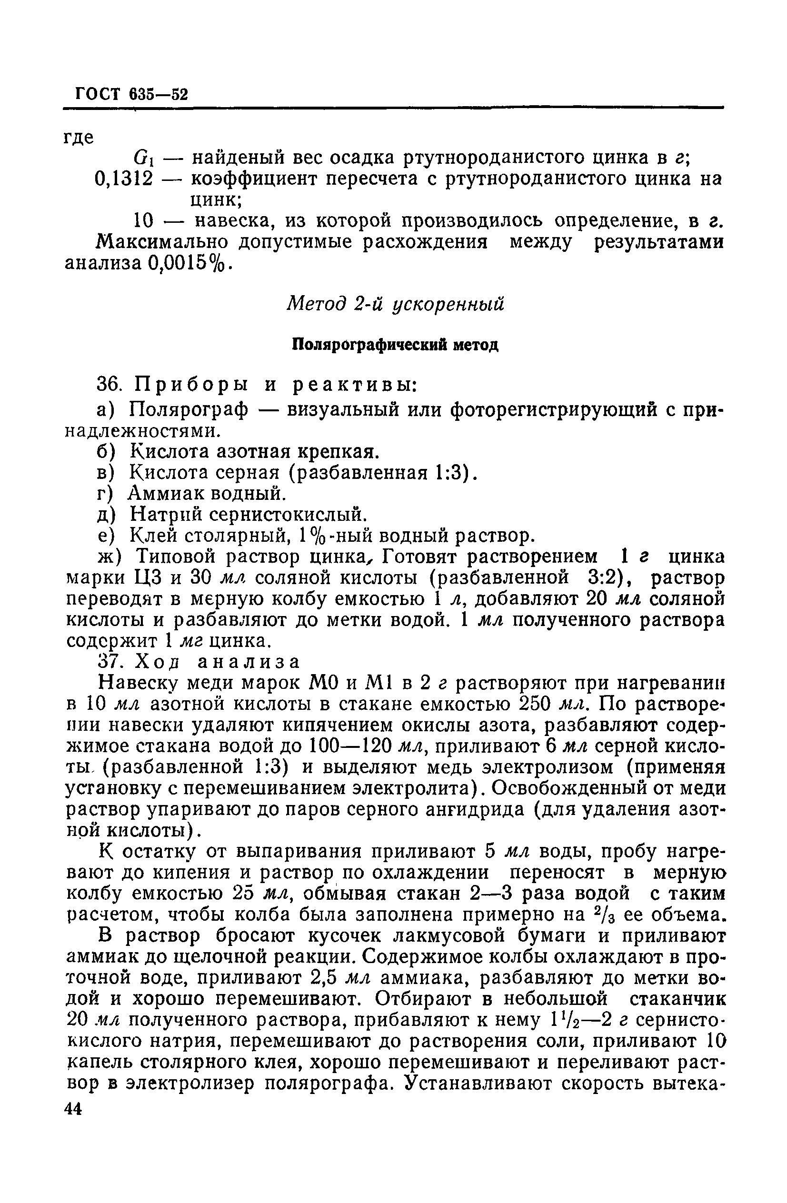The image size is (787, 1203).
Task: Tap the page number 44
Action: [74, 1137]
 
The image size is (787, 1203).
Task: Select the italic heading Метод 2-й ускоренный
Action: [396, 304]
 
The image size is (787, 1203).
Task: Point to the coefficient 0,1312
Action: [123, 179]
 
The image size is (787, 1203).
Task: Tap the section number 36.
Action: [109, 386]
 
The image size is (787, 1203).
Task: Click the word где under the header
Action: [80, 137]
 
